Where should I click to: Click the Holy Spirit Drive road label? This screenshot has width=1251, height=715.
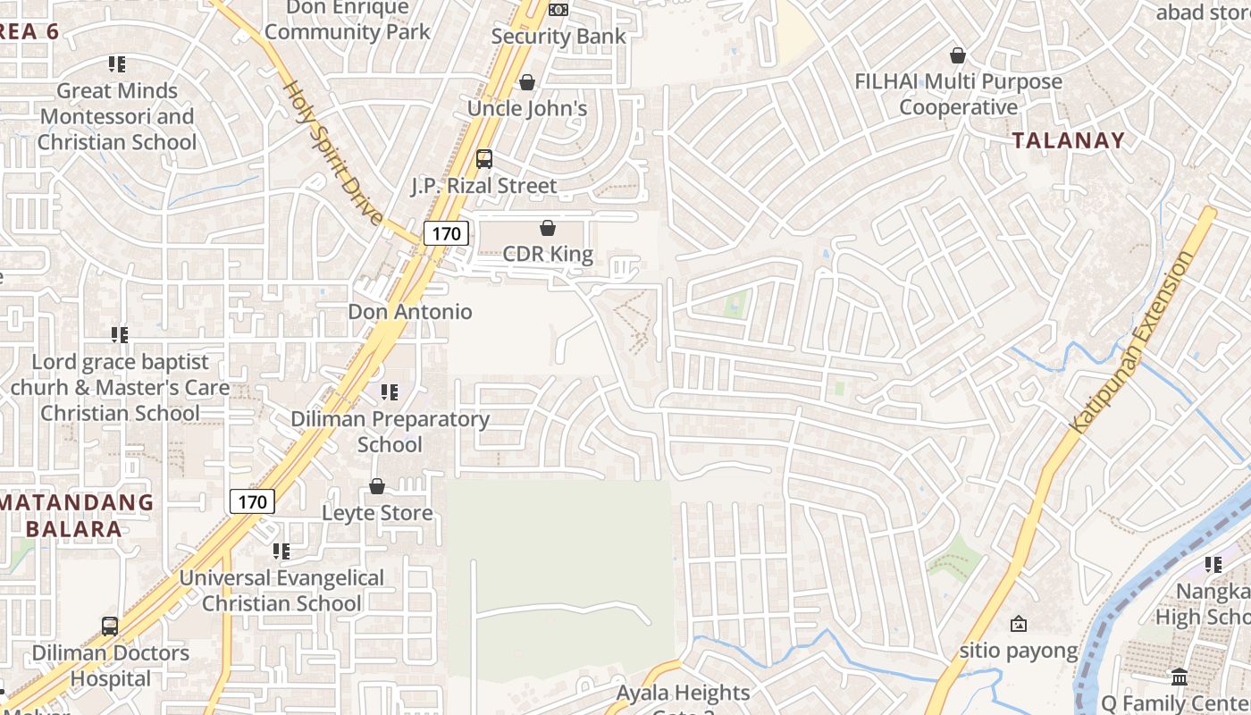[x=333, y=152]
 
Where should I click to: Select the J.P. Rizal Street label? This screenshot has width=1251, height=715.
[x=483, y=186]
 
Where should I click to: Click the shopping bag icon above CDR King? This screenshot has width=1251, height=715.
[x=548, y=229]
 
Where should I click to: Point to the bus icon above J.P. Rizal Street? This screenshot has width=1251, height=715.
[x=483, y=159]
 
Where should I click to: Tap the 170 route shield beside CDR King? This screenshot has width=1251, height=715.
[x=445, y=234]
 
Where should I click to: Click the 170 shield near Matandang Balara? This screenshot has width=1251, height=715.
[x=252, y=501]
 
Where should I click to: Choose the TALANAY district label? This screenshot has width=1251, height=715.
[x=1068, y=140]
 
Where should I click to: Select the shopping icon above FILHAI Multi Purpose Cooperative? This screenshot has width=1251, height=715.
[x=958, y=55]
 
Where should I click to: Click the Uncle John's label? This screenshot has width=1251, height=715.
[x=527, y=108]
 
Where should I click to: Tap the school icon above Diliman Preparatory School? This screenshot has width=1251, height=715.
[x=390, y=392]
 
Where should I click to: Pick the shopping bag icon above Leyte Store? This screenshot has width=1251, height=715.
[x=377, y=486]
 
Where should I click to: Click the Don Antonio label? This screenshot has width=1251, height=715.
[x=410, y=312]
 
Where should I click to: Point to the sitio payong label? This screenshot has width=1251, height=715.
[x=1019, y=651]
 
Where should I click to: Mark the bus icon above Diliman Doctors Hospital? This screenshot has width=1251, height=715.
[x=110, y=626]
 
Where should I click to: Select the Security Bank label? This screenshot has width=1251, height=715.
[x=558, y=37]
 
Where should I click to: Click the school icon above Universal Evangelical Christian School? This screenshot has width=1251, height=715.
[x=281, y=551]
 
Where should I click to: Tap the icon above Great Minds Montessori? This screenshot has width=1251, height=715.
[x=117, y=64]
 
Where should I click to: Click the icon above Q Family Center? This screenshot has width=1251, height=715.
[x=1180, y=677]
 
